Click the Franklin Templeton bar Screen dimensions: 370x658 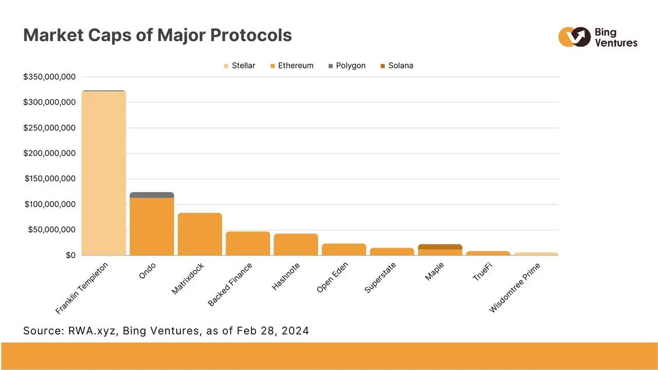104,173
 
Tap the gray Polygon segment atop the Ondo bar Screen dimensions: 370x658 152,195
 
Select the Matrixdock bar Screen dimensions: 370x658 200,234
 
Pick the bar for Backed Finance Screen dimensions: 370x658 248,243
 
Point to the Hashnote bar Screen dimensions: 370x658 296,244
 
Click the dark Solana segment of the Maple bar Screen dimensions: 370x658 440,247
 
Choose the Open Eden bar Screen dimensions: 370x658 344,249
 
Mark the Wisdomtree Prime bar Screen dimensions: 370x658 536,254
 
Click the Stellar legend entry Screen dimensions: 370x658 240,66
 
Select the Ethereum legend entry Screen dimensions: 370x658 291,66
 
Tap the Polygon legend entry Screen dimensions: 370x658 346,66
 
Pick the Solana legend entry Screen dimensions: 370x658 396,66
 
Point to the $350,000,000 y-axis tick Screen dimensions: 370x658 49,77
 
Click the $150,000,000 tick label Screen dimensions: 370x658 49,179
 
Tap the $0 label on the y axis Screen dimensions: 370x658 70,255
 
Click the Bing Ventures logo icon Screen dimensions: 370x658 574,37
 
